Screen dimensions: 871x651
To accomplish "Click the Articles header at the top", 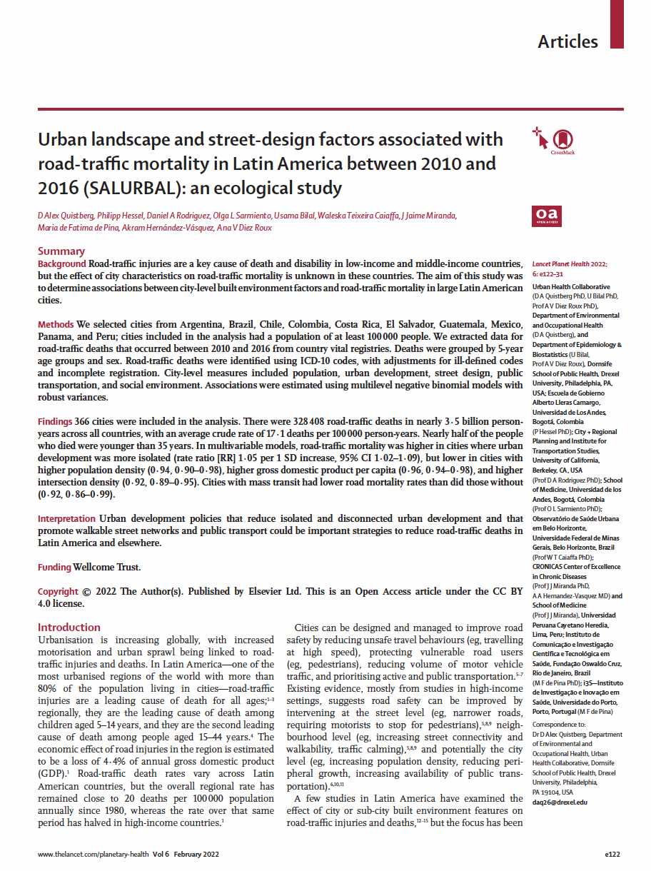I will [567, 41].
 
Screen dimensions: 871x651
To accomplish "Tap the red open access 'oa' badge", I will [547, 214].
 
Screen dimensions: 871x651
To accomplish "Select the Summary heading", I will [61, 251].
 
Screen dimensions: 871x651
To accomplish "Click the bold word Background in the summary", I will [62, 264].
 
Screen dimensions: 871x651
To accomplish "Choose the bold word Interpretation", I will [67, 519].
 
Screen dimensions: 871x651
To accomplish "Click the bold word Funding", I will [54, 568].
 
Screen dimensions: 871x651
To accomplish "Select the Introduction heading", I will [69, 628].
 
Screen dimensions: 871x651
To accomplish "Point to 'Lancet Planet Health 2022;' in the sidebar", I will [569, 264].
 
